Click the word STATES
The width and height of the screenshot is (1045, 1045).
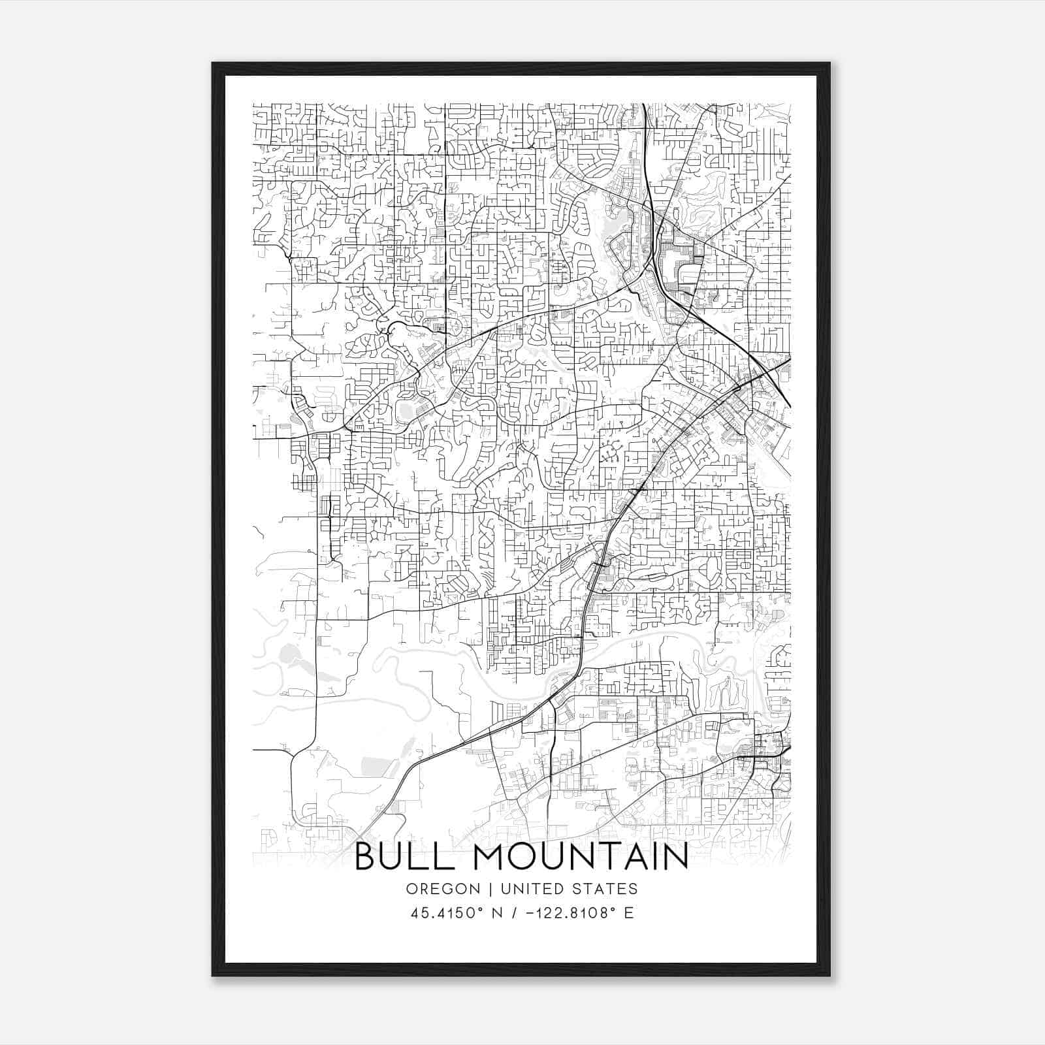[604, 889]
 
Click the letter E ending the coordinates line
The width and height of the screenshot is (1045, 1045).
[628, 912]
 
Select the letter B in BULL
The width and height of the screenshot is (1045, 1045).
[365, 858]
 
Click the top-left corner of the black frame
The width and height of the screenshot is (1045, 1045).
[212, 63]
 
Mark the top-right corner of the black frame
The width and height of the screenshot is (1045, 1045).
[829, 63]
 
